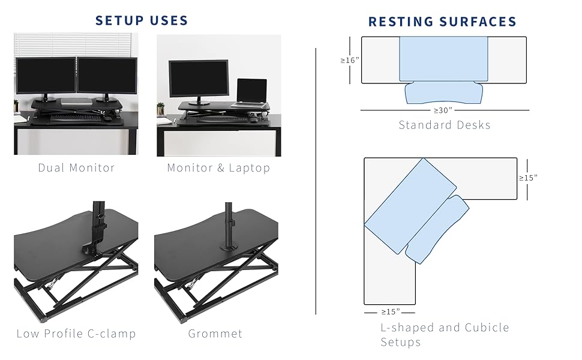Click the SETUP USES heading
click(142, 20)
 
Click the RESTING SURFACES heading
click(442, 22)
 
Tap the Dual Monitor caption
click(76, 167)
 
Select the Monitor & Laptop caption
click(218, 167)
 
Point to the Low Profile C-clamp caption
click(76, 334)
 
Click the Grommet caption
click(215, 334)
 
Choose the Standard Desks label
click(445, 125)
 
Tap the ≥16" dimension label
click(349, 60)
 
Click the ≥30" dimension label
click(444, 110)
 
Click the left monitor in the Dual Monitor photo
click(46, 76)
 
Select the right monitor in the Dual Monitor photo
click(107, 76)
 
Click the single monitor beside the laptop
click(199, 79)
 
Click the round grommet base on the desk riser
click(229, 245)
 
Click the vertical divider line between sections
click(316, 180)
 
